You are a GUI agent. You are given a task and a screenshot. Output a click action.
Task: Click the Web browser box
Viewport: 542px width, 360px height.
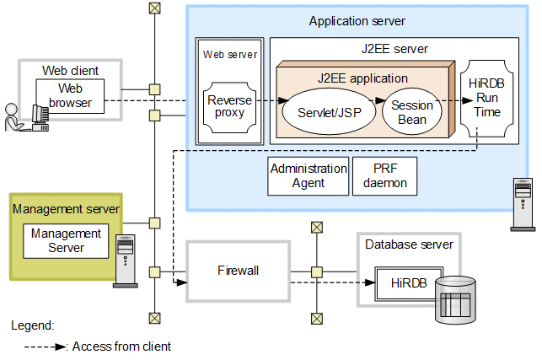pos(70,95)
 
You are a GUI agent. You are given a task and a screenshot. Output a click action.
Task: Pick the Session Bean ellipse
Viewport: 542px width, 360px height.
pos(412,112)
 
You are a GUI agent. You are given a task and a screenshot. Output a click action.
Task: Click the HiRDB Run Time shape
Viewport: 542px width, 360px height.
pos(488,99)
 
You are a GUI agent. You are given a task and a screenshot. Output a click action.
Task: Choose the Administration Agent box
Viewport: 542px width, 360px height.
pos(309,175)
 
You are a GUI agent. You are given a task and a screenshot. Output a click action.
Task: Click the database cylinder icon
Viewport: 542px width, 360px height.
pos(454,301)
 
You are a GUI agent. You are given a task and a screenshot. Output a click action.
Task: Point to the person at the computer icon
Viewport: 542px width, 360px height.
pos(23,116)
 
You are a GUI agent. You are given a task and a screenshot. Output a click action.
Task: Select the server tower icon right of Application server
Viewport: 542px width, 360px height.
pos(522,204)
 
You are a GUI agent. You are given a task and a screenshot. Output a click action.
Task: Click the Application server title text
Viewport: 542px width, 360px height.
pos(357,20)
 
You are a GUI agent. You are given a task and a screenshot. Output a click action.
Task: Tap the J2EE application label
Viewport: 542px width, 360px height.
pos(362,78)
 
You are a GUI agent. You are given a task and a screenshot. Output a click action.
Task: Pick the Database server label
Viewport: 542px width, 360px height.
pos(409,244)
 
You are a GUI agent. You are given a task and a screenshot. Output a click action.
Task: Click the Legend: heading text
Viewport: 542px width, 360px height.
pos(32,325)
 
